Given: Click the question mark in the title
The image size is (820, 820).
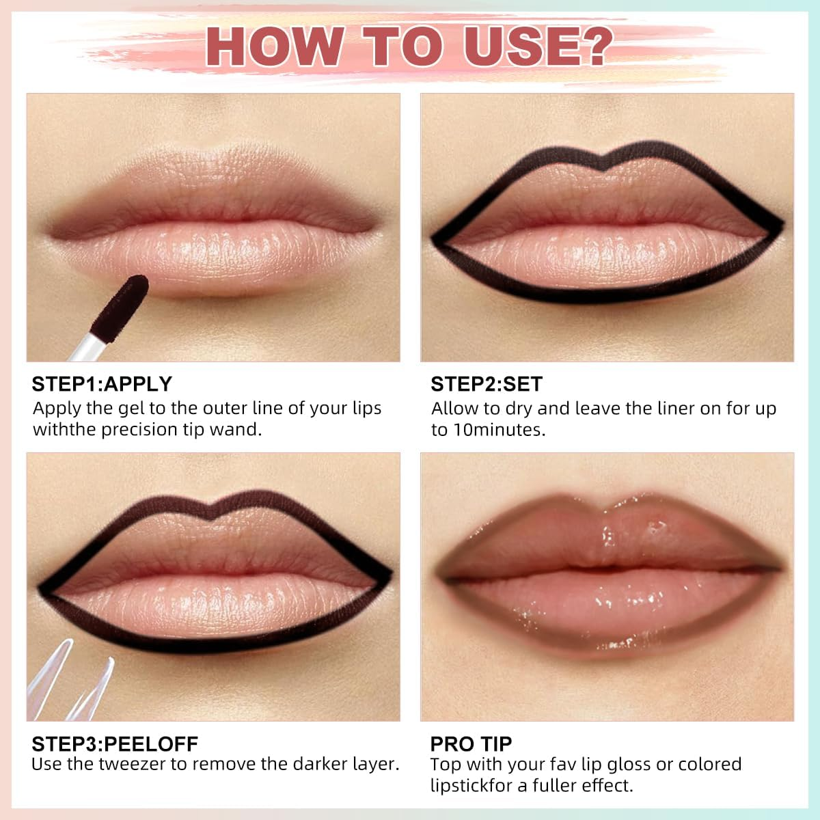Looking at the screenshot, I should [x=590, y=46].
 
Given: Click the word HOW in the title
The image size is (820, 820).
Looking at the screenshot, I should [x=273, y=46].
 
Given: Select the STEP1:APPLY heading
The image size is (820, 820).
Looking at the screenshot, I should [x=102, y=384].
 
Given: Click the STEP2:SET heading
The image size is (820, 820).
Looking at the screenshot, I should [x=487, y=384].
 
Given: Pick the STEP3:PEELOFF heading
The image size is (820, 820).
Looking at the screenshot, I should [x=115, y=743].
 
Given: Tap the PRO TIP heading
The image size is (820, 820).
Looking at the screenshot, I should [x=471, y=743].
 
